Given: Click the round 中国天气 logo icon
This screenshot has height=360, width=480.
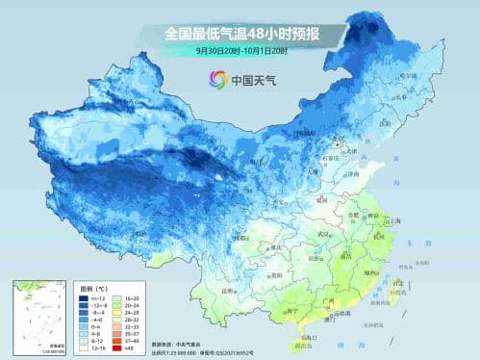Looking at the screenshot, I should (217, 80).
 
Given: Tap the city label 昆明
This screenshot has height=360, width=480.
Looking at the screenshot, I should (228, 290).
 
